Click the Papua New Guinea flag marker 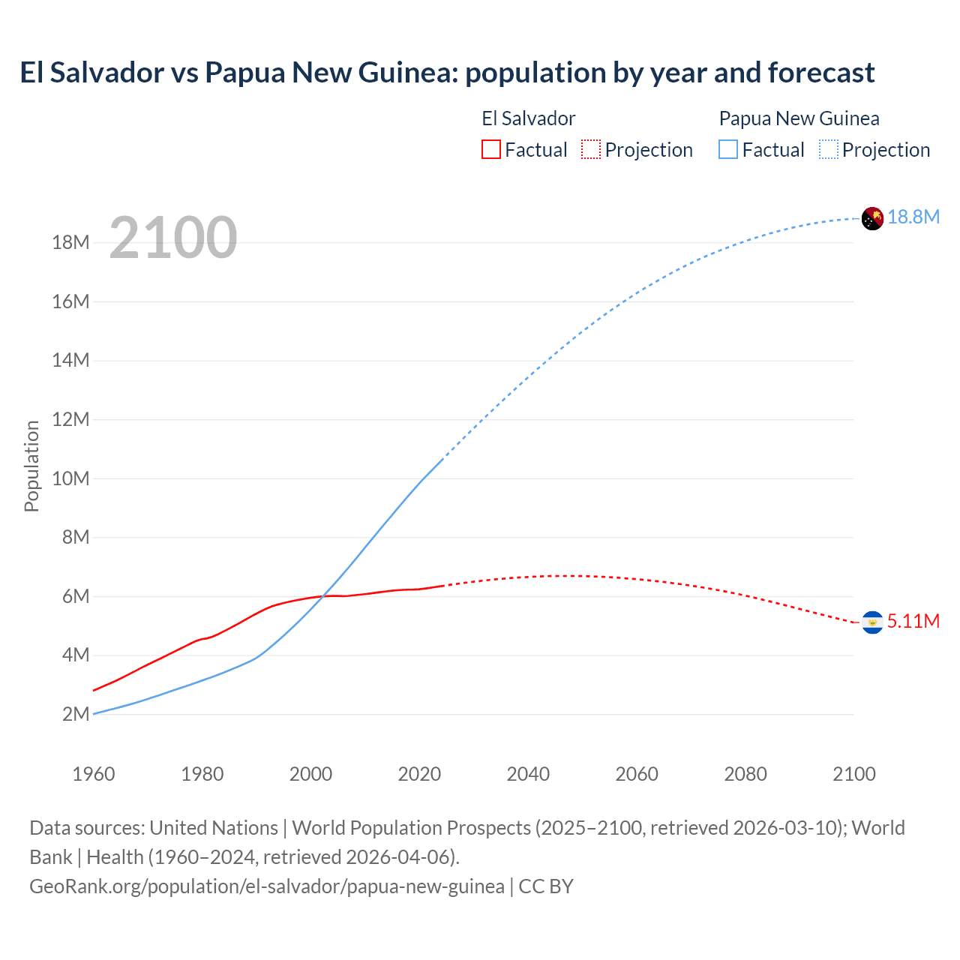tap(872, 218)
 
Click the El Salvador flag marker tap(872, 622)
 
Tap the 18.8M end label tap(913, 217)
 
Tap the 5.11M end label tap(913, 622)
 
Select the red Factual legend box tap(490, 149)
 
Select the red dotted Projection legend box tap(591, 149)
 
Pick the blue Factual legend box tap(727, 149)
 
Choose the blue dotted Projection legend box tap(828, 149)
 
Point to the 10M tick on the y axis tap(70, 478)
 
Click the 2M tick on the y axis tap(76, 714)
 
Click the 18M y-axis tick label tap(70, 243)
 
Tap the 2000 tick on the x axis tap(310, 774)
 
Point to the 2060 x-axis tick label tap(637, 774)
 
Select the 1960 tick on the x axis tap(94, 774)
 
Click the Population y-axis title tap(31, 466)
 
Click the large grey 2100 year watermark tap(173, 238)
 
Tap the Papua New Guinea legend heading tap(799, 118)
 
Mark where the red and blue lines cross tap(323, 596)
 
